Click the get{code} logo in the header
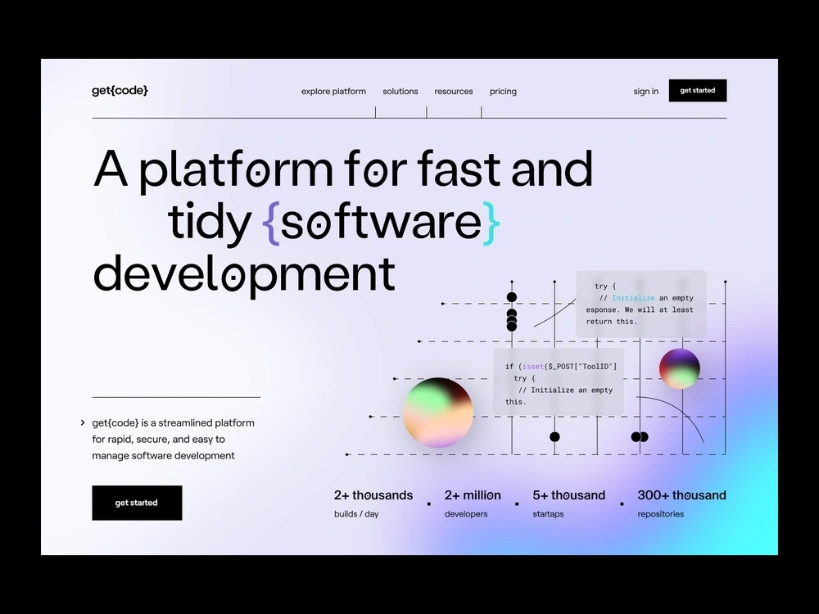click(120, 91)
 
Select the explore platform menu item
click(333, 92)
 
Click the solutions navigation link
click(400, 92)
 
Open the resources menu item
click(454, 92)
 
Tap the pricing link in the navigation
click(503, 92)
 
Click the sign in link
click(645, 92)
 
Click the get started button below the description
click(137, 503)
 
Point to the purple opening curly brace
click(272, 223)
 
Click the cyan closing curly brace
click(490, 223)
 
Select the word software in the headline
click(381, 223)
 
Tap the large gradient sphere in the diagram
click(437, 413)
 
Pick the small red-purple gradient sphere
click(679, 368)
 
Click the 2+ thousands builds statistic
click(373, 495)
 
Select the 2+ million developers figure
click(473, 495)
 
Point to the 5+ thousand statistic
click(568, 495)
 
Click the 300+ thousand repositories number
click(681, 495)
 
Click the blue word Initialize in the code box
click(633, 298)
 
